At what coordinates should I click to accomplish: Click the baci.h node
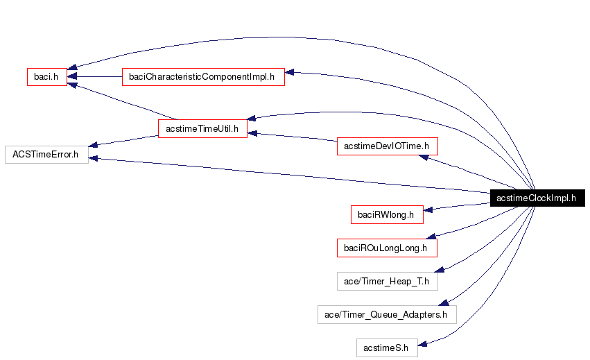[x=46, y=76]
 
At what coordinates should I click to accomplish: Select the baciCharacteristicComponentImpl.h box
[x=203, y=76]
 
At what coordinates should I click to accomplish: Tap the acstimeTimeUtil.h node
[x=202, y=128]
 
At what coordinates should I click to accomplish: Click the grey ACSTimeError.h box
[x=46, y=154]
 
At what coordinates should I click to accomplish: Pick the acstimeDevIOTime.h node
[x=387, y=146]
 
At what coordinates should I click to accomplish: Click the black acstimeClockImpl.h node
[x=537, y=198]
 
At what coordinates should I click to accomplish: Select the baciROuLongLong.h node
[x=386, y=247]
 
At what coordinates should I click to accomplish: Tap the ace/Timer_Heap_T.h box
[x=386, y=281]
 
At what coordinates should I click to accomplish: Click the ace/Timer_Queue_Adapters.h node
[x=386, y=314]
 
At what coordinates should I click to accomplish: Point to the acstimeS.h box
[x=386, y=347]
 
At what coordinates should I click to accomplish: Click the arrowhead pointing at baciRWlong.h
[x=428, y=209]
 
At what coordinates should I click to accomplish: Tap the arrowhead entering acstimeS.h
[x=423, y=342]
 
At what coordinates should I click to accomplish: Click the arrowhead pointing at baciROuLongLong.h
[x=430, y=237]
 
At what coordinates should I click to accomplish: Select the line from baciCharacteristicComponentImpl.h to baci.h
[x=97, y=76]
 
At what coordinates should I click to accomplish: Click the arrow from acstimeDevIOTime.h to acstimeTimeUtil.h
[x=291, y=137]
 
